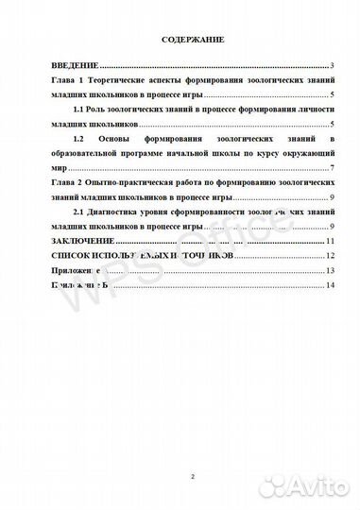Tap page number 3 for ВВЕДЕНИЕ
[x=334, y=68]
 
